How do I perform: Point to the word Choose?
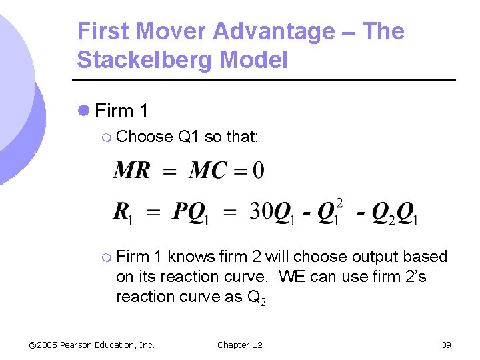pos(144,137)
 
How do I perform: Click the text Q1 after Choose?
pos(189,137)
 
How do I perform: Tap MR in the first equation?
pos(132,171)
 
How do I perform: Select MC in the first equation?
pos(207,171)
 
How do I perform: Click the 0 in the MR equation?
pos(258,171)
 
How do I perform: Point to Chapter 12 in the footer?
pos(240,345)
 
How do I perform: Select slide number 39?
pos(446,345)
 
